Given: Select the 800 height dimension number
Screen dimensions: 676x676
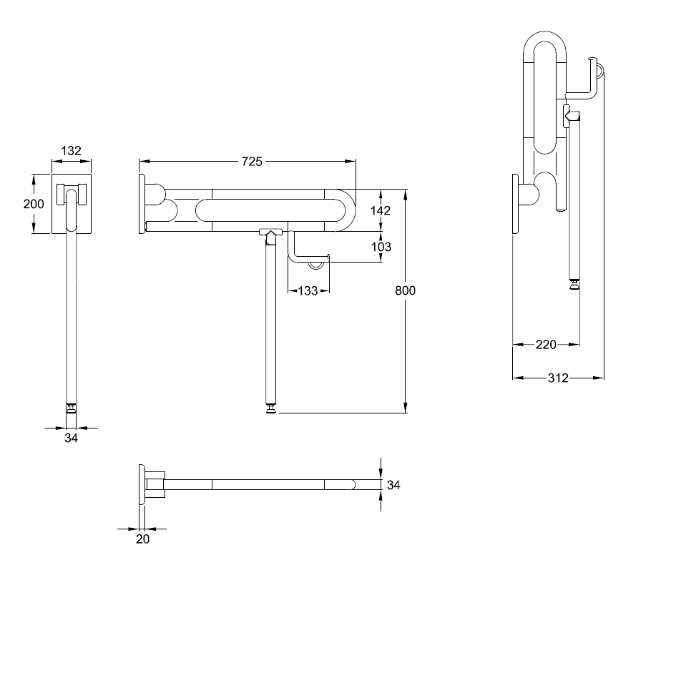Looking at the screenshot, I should coord(404,290).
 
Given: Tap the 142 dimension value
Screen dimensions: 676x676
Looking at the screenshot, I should coord(381,210).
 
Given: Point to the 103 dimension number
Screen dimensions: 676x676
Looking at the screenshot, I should coord(381,247).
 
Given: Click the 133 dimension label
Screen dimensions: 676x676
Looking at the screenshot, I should coord(308,290).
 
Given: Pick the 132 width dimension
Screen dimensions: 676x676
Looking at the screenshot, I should coord(71,150).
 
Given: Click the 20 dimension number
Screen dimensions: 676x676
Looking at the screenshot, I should coord(142,539).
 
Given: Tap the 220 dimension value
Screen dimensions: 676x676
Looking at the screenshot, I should coord(546,345).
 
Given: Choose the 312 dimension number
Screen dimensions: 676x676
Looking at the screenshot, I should coord(558,378).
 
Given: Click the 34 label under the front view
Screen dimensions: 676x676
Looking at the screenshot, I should coord(70,439).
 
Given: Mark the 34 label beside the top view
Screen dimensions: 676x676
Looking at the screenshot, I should coord(393,485).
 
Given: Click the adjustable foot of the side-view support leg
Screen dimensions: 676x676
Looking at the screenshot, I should coord(272,408).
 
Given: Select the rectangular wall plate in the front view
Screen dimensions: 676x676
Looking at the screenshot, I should coord(72,204).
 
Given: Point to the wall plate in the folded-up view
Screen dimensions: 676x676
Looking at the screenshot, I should coord(515,204).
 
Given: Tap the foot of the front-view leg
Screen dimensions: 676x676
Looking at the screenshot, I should coord(71,408).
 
